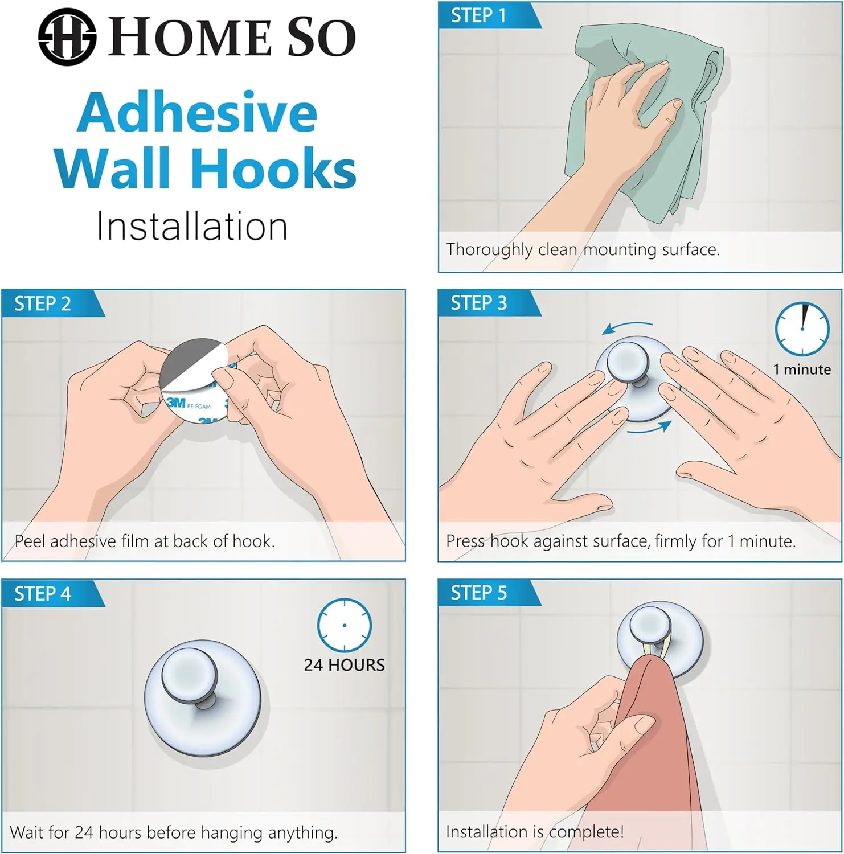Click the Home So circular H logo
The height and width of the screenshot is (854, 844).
pyautogui.click(x=67, y=37)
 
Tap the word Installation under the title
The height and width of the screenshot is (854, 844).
pyautogui.click(x=192, y=227)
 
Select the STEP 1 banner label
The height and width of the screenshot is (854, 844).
pyautogui.click(x=478, y=15)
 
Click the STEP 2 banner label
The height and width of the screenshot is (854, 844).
pyautogui.click(x=43, y=304)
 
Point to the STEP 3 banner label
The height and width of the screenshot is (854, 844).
pyautogui.click(x=478, y=303)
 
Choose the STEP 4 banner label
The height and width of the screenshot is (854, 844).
pyautogui.click(x=43, y=594)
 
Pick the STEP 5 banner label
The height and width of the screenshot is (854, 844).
pyautogui.click(x=478, y=593)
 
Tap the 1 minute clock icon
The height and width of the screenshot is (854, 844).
pyautogui.click(x=802, y=329)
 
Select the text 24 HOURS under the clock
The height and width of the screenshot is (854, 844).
pyautogui.click(x=344, y=665)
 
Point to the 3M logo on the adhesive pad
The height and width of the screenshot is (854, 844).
pyautogui.click(x=176, y=403)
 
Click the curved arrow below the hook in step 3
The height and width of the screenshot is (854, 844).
pyautogui.click(x=650, y=428)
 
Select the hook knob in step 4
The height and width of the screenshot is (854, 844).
pyautogui.click(x=190, y=675)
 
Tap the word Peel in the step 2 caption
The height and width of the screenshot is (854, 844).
pyautogui.click(x=30, y=541)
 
